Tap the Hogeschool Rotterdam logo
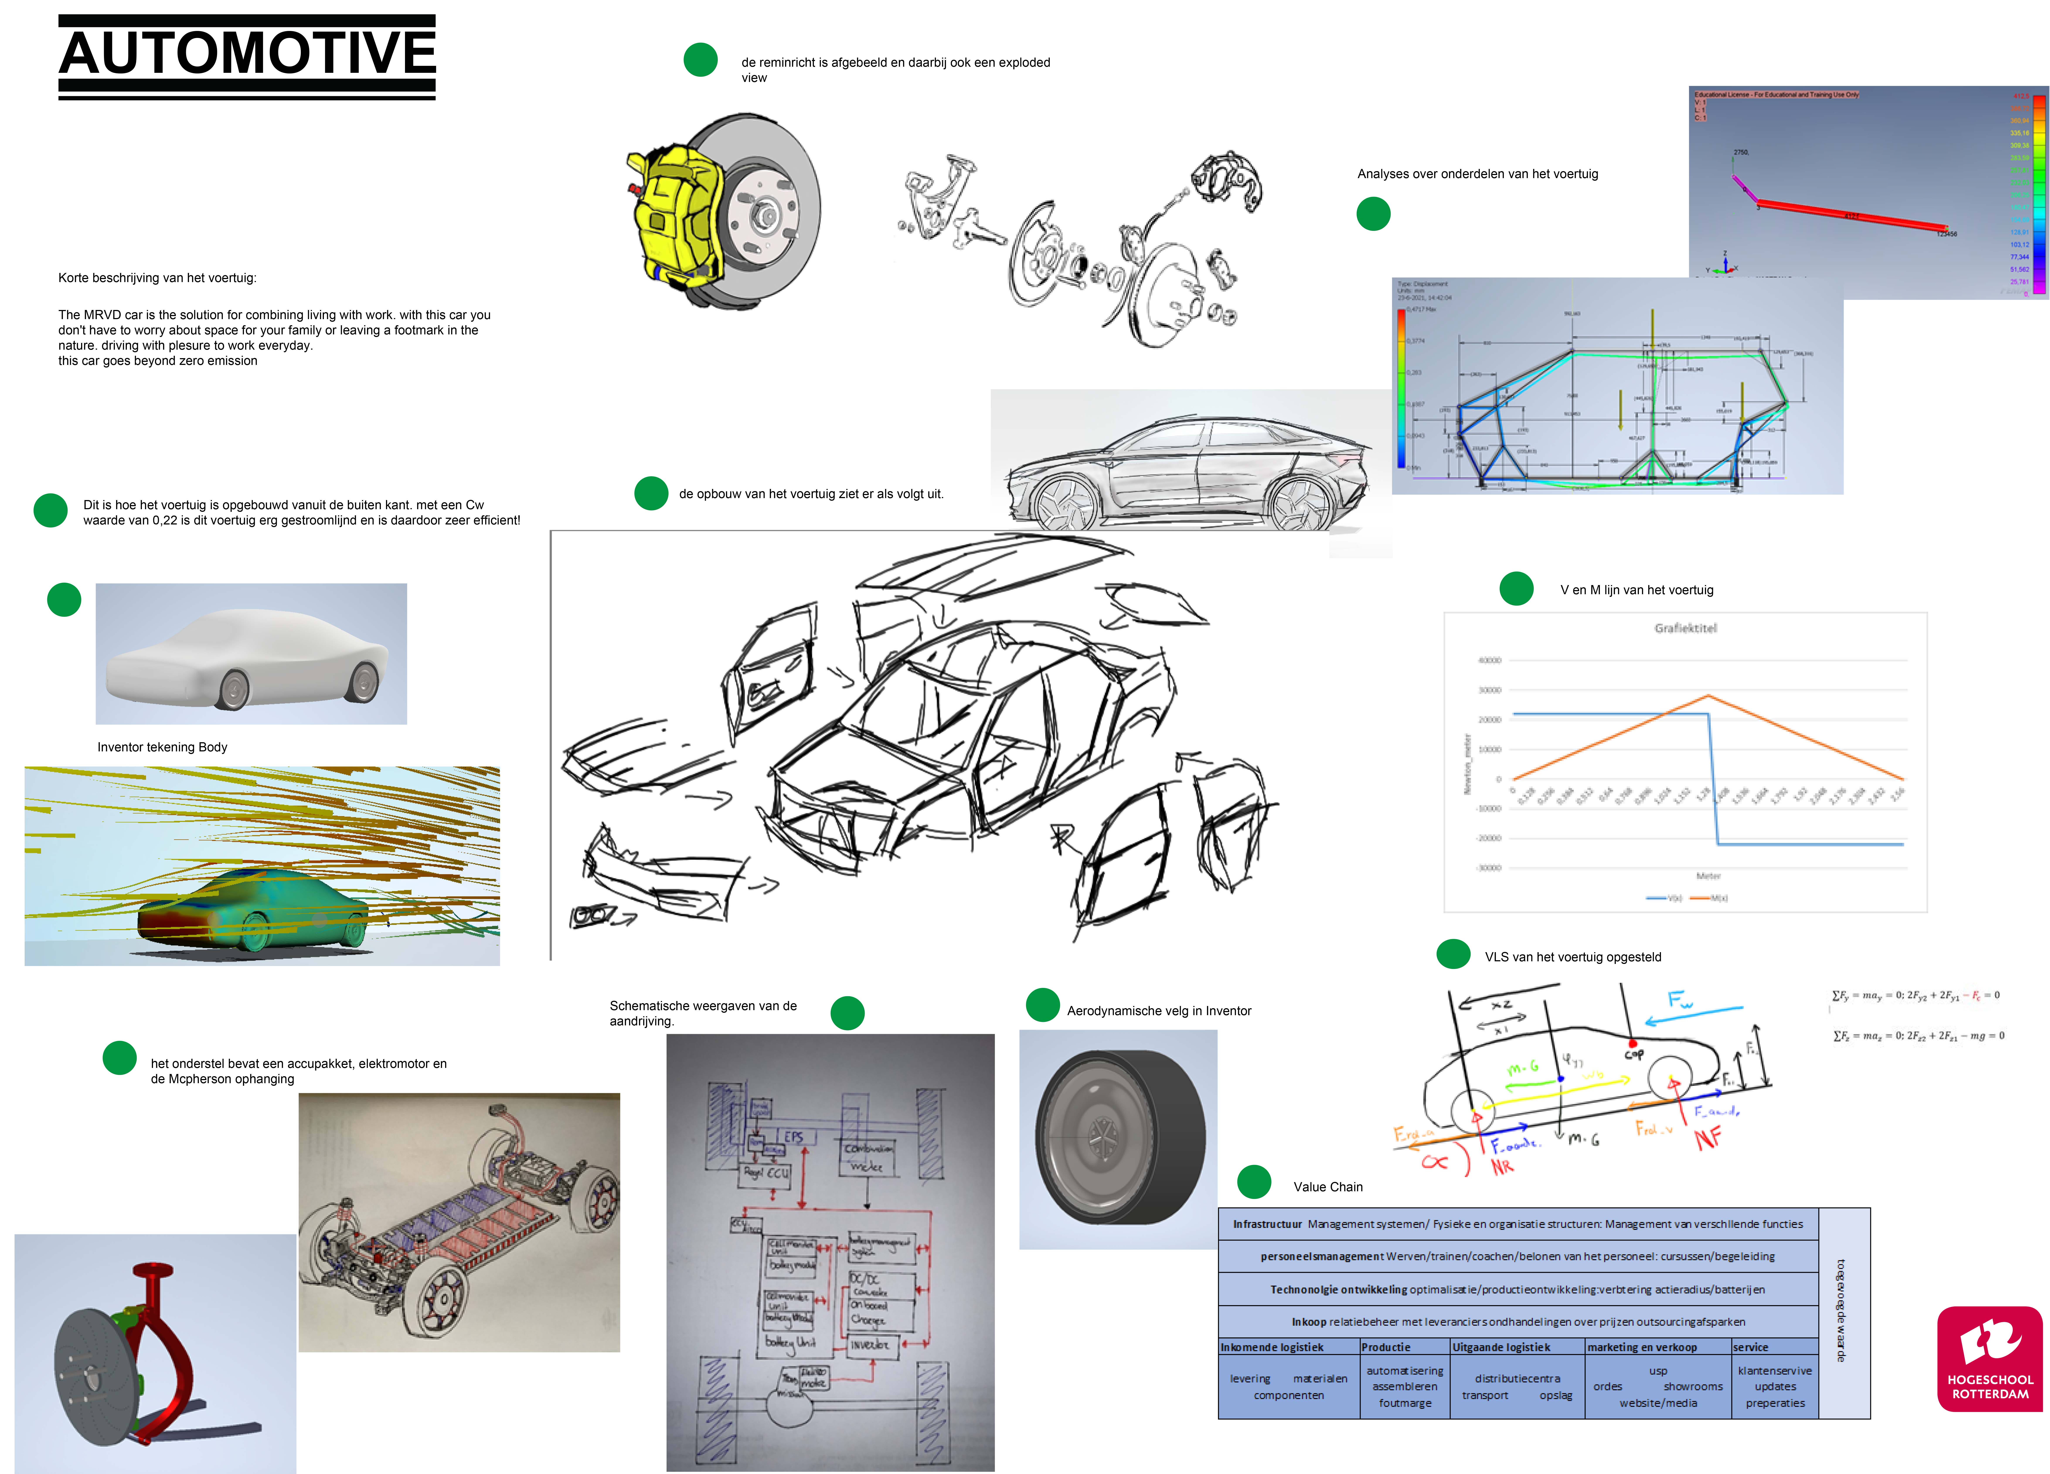[1989, 1358]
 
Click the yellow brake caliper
[673, 217]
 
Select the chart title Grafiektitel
[1685, 628]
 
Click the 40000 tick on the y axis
[1489, 661]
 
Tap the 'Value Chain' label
[1328, 1187]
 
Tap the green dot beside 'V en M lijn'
[1516, 588]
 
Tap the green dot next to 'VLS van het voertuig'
[1453, 954]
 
